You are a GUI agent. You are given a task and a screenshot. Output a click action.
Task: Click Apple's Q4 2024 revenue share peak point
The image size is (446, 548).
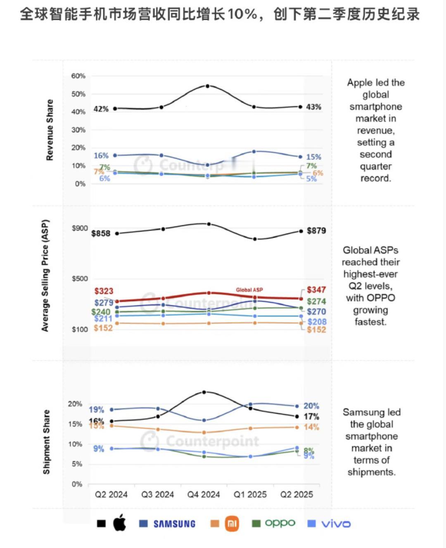[207, 86]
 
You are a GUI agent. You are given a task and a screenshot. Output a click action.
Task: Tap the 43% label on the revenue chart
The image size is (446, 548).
[313, 107]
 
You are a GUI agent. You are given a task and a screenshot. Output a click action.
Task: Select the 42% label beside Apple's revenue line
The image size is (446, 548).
[101, 109]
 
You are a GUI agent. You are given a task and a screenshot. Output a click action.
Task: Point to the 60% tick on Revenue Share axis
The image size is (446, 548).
[78, 76]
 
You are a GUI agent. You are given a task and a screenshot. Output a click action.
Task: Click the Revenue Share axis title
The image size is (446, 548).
[50, 130]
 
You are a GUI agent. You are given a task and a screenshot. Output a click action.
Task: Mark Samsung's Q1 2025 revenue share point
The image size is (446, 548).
[254, 152]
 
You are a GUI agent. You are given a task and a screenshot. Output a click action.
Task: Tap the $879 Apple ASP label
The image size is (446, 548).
[316, 231]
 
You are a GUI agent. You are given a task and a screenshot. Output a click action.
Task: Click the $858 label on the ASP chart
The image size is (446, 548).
[101, 233]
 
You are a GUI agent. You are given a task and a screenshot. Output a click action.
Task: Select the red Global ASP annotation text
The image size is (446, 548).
[249, 290]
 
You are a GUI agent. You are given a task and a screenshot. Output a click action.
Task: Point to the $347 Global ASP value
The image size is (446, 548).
[316, 290]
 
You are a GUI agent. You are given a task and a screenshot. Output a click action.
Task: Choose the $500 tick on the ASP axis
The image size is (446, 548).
[80, 279]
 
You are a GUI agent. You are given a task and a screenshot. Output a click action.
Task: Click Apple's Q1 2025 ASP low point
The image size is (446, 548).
[255, 239]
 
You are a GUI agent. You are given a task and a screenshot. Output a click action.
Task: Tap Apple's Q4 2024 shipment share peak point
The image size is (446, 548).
[204, 392]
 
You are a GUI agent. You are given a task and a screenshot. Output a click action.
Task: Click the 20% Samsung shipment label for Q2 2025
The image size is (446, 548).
[311, 406]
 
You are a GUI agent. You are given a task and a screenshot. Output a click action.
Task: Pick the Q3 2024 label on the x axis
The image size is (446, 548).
[157, 495]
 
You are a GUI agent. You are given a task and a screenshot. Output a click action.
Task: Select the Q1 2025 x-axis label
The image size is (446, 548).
[250, 495]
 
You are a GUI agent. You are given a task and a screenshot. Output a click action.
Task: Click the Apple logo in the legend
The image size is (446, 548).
[119, 523]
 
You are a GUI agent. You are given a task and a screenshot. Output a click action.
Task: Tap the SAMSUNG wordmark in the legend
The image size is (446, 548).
[174, 524]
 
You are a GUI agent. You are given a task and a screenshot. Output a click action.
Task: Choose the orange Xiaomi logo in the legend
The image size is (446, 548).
[232, 524]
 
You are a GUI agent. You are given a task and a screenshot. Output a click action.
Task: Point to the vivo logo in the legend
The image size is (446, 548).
[336, 524]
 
